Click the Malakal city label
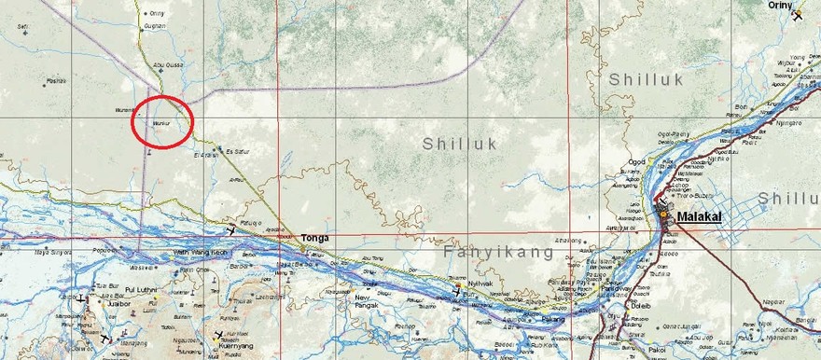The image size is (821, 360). coord(701,217)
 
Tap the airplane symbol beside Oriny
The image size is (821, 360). coord(799,15)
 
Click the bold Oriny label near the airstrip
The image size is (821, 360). coord(779,5)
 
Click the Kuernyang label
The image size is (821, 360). coord(239,344)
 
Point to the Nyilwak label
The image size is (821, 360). coord(480,283)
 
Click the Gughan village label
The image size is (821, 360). coord(155,26)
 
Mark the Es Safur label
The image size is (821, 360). coord(238,150)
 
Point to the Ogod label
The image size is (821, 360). coord(636,161)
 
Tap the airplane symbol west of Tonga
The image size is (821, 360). coord(231,228)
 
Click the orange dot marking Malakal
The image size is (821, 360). coord(665,215)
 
